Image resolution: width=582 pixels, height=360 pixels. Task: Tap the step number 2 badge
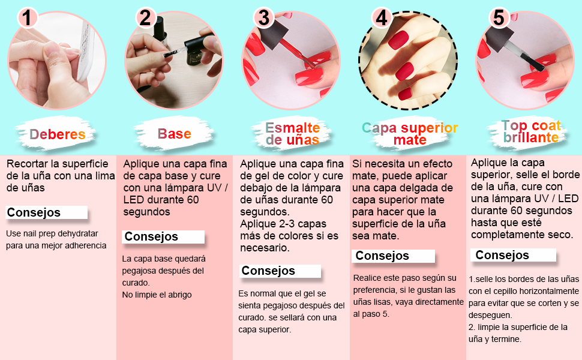145,17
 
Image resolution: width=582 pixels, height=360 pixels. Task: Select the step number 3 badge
263,17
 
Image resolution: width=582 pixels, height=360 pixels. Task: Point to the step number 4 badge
381,17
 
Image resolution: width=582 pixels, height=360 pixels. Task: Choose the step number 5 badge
498,17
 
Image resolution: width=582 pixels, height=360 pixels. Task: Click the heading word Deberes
58,134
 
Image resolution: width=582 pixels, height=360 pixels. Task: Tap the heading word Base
174,134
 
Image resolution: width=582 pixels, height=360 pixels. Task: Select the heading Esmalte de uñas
292,134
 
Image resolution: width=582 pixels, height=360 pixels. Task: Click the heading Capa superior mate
410,134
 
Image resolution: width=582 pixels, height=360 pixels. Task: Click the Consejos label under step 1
34,212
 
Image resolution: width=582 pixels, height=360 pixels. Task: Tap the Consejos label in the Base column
151,236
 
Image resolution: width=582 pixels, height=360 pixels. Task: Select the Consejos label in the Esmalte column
268,271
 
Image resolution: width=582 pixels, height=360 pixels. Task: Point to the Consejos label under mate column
382,256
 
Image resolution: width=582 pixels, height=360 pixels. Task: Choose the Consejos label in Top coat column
502,255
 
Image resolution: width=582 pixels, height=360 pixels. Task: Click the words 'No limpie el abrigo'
157,295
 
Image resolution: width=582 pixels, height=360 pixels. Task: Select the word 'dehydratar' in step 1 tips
76,233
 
